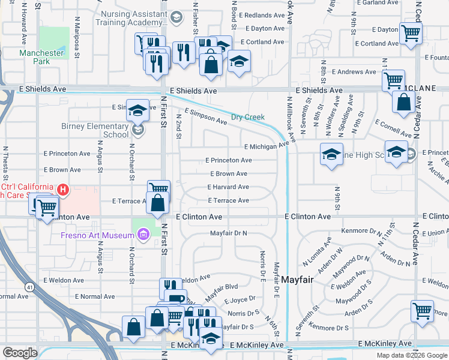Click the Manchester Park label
41,57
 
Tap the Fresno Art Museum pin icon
143,235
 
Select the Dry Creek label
248,117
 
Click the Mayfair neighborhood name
297,280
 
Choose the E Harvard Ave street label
228,187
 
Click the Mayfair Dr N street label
228,233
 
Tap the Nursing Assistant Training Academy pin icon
176,19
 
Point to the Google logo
20,353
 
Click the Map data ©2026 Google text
412,355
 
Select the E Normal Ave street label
95,296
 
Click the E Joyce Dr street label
240,299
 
